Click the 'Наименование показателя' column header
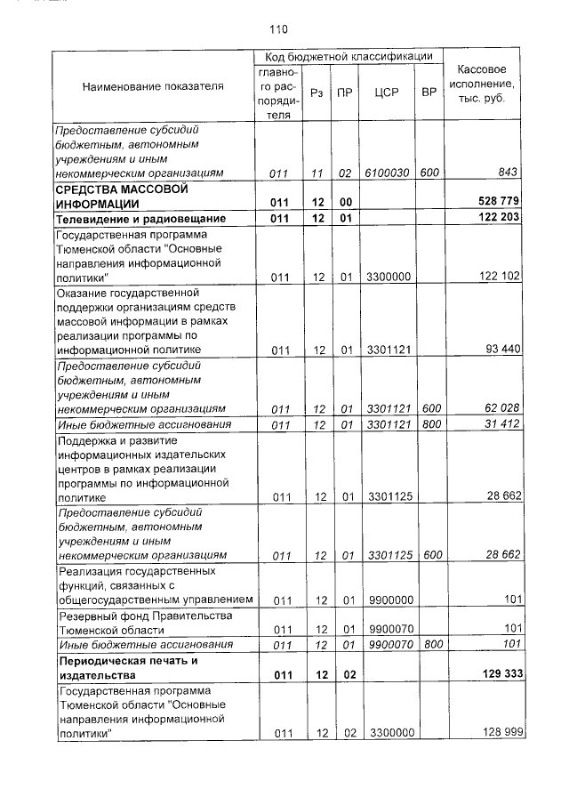153,86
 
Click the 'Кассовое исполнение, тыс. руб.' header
481,84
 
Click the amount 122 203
499,218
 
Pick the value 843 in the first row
509,173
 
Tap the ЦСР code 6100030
388,173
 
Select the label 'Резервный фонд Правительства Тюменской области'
132,622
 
